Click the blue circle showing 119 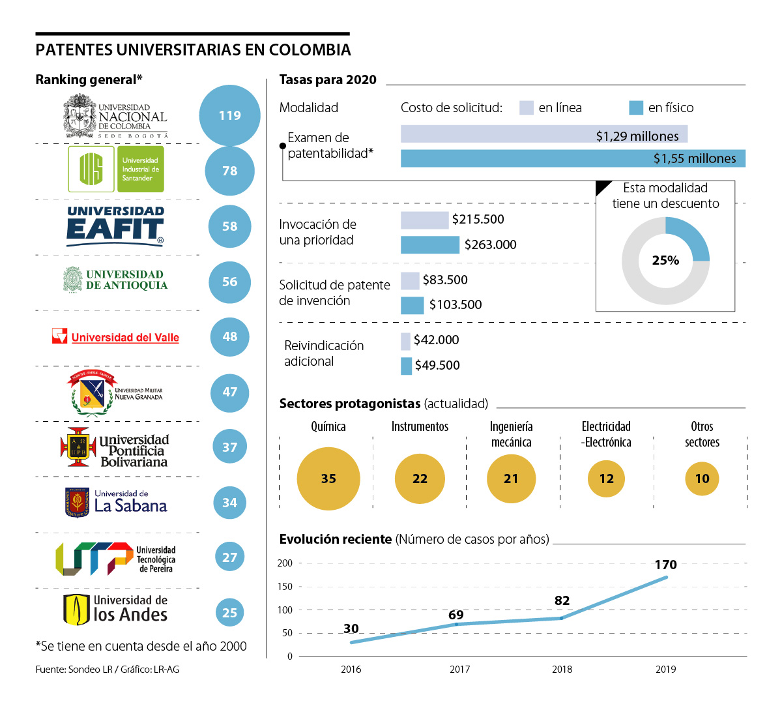[229, 115]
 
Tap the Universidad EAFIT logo [116, 226]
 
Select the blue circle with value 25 [229, 613]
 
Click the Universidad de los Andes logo [115, 610]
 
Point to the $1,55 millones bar [572, 158]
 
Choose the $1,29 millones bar [543, 134]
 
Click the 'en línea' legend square [527, 108]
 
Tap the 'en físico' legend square [636, 108]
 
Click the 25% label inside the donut [665, 260]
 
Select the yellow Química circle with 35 [328, 479]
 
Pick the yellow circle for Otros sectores [702, 479]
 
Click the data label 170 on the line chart [666, 565]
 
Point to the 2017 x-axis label [460, 670]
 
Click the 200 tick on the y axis [285, 563]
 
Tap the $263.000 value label [490, 244]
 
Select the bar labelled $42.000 [405, 341]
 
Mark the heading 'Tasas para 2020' [328, 80]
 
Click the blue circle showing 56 [229, 282]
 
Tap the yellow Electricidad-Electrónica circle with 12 [606, 479]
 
